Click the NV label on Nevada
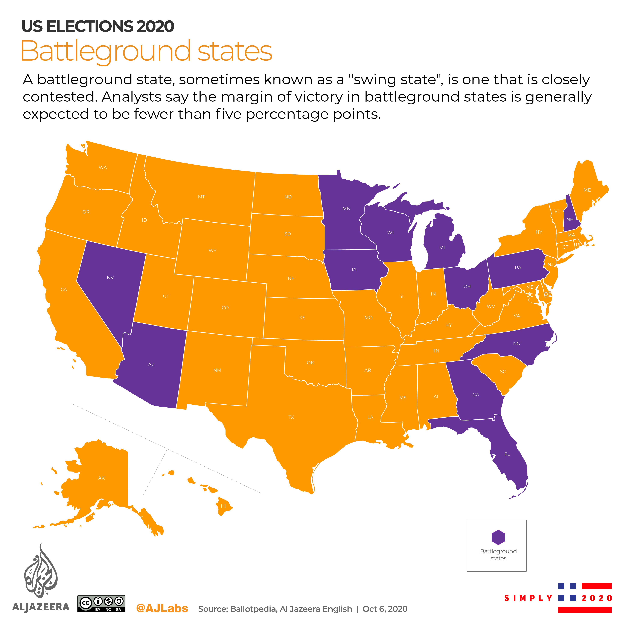click(110, 278)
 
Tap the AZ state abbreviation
click(151, 364)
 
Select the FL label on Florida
click(507, 454)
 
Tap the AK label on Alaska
click(101, 478)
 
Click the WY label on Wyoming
click(213, 250)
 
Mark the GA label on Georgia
click(476, 395)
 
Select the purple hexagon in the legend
click(498, 537)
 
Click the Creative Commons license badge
click(101, 603)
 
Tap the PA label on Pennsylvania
click(518, 268)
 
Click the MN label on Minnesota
click(346, 209)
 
